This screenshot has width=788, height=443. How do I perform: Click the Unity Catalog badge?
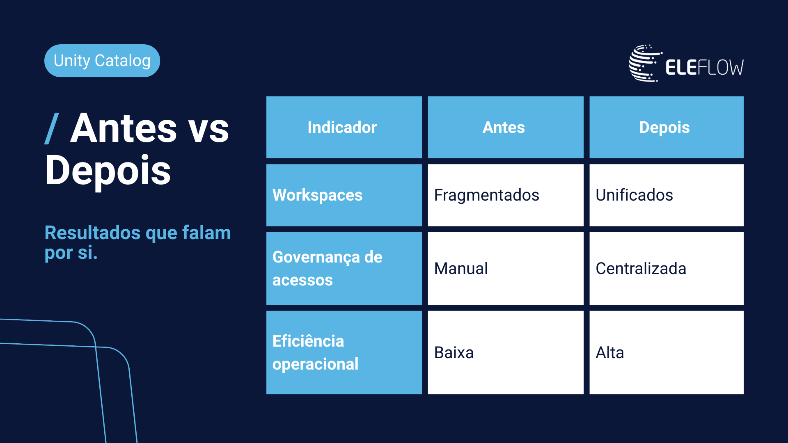click(x=102, y=61)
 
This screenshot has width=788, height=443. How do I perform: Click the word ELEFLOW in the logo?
click(x=704, y=68)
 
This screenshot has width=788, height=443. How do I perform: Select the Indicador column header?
click(x=344, y=127)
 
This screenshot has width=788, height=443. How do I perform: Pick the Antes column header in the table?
click(x=506, y=127)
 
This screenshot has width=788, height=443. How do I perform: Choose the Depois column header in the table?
click(x=667, y=127)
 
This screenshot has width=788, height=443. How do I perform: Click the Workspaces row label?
click(x=344, y=195)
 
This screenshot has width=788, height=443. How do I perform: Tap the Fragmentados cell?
click(x=506, y=195)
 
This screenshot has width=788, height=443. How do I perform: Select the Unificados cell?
click(x=667, y=195)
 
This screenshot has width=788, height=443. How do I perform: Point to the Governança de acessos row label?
click(x=344, y=269)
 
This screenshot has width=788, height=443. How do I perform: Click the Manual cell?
click(x=506, y=269)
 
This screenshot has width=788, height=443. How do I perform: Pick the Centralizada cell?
click(x=667, y=269)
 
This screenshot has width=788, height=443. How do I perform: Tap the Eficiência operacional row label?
click(x=344, y=353)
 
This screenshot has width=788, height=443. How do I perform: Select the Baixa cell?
click(x=506, y=353)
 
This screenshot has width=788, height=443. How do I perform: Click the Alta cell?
click(x=667, y=353)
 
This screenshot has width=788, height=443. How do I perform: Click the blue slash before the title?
click(x=52, y=128)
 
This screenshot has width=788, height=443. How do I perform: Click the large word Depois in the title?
click(x=108, y=171)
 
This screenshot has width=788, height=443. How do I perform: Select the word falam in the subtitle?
click(x=206, y=233)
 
